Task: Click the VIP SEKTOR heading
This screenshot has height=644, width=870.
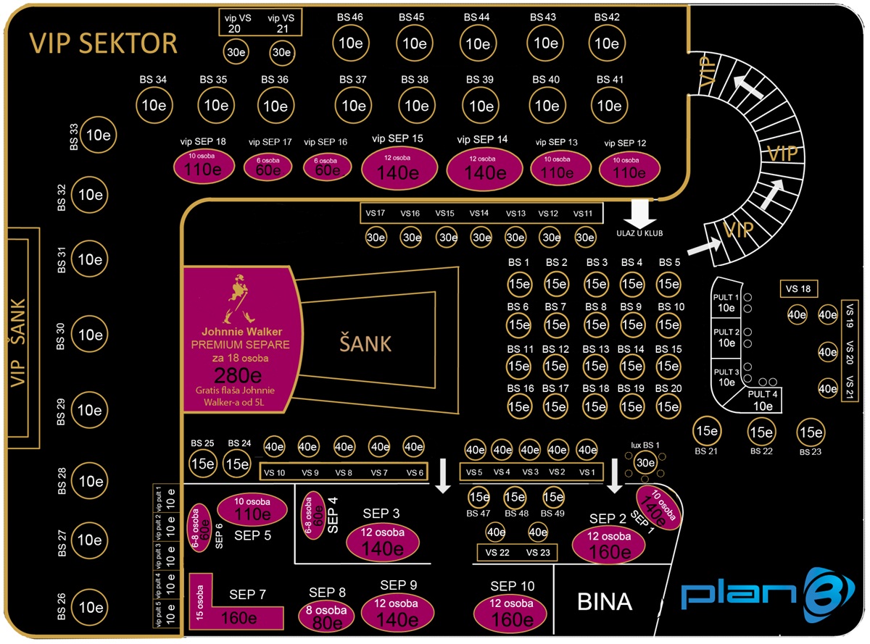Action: [103, 43]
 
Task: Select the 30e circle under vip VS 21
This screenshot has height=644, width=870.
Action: [281, 52]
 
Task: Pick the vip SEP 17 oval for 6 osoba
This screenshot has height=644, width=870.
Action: [268, 167]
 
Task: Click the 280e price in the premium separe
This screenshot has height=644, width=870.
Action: [239, 375]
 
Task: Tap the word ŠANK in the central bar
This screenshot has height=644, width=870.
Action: [365, 343]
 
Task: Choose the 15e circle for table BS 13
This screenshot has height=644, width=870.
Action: [595, 367]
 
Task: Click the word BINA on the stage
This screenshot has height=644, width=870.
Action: [604, 601]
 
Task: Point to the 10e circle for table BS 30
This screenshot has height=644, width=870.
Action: [91, 335]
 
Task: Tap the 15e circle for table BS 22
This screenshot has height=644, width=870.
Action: [761, 432]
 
